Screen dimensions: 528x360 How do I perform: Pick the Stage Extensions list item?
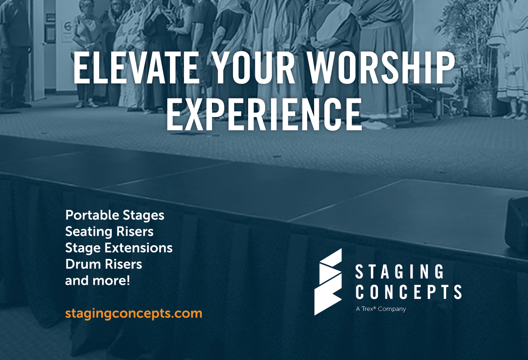point(119,248)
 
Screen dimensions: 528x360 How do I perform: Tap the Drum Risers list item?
point(104,264)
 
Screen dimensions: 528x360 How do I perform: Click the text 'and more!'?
point(97,281)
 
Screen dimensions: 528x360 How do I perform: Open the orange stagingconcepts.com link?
point(133,314)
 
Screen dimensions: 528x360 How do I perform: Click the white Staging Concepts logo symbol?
point(328,282)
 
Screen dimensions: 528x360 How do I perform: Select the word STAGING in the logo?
point(400,271)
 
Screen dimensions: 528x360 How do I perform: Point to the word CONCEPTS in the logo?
point(409,292)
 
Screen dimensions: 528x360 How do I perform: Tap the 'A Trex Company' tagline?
point(381,309)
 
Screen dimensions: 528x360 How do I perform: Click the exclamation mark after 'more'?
point(128,280)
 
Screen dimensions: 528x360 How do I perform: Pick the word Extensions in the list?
point(139,248)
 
